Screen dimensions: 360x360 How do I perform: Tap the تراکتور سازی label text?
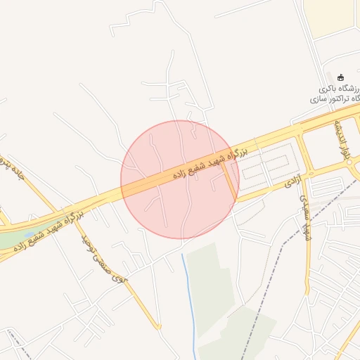(330, 100)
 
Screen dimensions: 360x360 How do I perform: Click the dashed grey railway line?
(281, 246)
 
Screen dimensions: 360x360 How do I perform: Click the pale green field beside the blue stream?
(211, 281)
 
